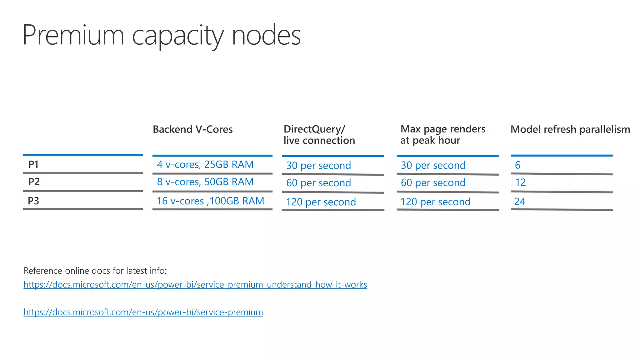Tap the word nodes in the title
coord(266,35)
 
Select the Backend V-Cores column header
coord(192,129)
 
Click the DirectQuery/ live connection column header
coord(319,135)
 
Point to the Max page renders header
coord(443,135)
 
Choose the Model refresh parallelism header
coord(570,129)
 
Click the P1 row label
coord(33,164)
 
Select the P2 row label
coord(34,182)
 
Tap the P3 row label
coord(33,201)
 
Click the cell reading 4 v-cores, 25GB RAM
coord(205,165)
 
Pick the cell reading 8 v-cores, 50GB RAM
coord(205,182)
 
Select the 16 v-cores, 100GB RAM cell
coord(210,201)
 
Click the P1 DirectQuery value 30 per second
coord(318,166)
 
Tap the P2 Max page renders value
coord(433,183)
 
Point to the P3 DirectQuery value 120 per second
coord(321,202)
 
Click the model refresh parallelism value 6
coord(517,165)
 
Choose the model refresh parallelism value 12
coord(520,182)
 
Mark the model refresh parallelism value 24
coord(520,202)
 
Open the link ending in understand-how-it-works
coord(195,285)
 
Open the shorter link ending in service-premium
coord(143,312)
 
